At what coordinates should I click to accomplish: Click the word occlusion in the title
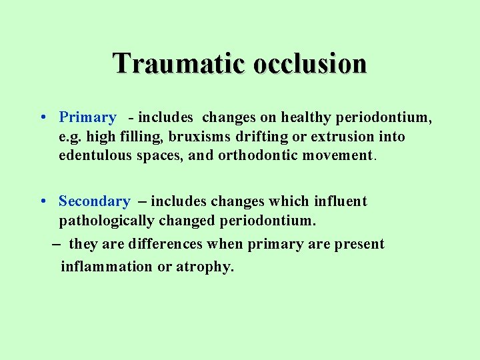click(x=309, y=64)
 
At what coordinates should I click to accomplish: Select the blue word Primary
click(x=87, y=118)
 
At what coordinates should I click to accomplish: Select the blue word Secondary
click(x=94, y=201)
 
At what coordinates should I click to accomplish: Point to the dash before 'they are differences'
click(x=57, y=245)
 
